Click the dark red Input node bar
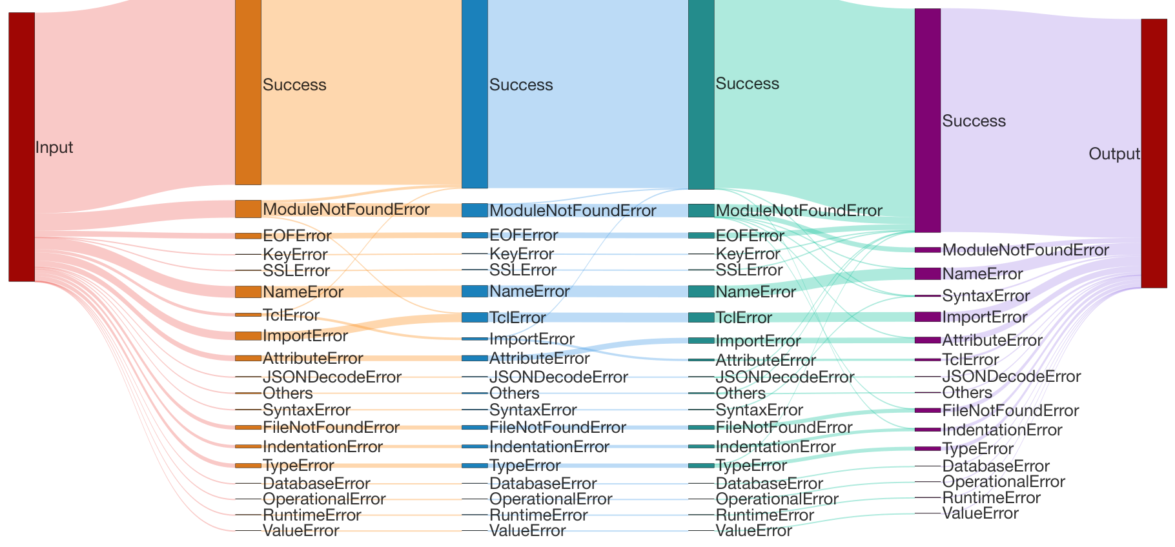pos(21,147)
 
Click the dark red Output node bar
pos(1154,154)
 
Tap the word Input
pos(54,148)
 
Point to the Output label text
pos(1114,154)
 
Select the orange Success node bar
pos(248,92)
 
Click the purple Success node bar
pos(928,120)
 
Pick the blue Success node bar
pos(475,94)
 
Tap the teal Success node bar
pos(701,95)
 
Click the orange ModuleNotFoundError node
pos(248,209)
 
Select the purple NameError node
pos(928,273)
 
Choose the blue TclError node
pos(475,317)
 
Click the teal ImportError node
pos(701,341)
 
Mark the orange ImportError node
pos(248,336)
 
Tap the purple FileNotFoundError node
pos(928,410)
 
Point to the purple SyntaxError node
pos(928,296)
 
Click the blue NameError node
pos(475,291)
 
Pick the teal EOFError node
pos(701,235)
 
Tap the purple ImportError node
pos(928,317)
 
